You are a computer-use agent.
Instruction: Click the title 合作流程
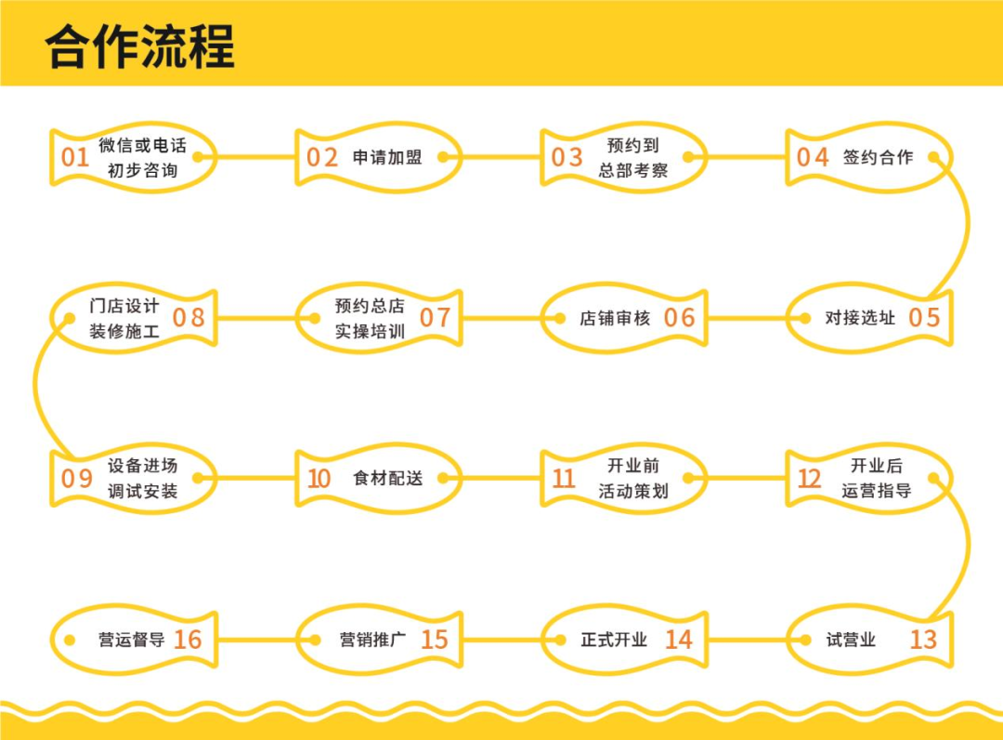point(140,44)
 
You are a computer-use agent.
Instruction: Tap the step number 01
point(74,157)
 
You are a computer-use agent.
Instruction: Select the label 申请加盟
point(387,157)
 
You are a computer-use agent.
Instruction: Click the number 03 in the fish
point(567,157)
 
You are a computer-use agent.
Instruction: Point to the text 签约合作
point(878,157)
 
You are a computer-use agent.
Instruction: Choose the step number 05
point(924,318)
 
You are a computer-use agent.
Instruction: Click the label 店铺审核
point(615,318)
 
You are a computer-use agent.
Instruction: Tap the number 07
point(435,318)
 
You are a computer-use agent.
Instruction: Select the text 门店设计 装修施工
point(124,318)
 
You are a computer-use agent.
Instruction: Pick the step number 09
point(77,479)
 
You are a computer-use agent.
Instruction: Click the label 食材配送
point(387,479)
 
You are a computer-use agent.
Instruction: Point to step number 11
point(564,479)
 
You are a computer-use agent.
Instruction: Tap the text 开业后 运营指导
point(877,479)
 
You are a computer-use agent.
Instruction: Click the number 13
point(923,640)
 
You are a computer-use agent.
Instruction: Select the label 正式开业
point(614,640)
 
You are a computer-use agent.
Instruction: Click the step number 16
point(188,640)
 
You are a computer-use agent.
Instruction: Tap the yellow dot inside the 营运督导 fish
point(68,640)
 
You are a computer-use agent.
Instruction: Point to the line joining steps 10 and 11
point(501,479)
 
